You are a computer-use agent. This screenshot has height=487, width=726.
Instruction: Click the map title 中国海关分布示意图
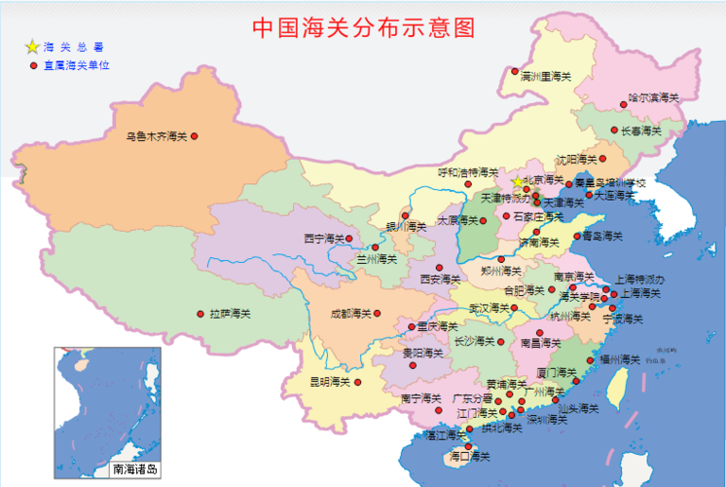click(363, 27)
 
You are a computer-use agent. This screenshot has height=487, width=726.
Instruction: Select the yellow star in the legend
click(32, 47)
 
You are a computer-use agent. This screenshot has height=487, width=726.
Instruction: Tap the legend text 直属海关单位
click(76, 65)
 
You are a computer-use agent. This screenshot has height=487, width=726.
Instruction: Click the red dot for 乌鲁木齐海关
click(194, 136)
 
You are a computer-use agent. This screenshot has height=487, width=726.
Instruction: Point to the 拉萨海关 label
click(230, 314)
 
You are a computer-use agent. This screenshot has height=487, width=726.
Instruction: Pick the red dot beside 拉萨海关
click(201, 314)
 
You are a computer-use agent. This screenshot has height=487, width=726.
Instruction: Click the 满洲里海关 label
click(545, 76)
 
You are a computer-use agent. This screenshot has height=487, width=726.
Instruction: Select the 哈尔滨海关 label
click(653, 97)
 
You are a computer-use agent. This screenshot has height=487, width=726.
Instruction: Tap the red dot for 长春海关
click(612, 131)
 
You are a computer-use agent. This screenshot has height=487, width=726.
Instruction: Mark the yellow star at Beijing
click(517, 181)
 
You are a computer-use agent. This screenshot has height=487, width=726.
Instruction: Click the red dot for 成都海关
click(379, 314)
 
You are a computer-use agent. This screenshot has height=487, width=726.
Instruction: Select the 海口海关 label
click(469, 456)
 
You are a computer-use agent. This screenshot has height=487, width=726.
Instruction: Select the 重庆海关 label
click(435, 326)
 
